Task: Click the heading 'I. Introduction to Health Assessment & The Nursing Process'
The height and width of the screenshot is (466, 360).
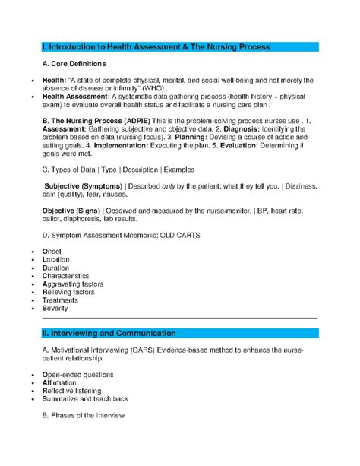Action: pyautogui.click(x=156, y=47)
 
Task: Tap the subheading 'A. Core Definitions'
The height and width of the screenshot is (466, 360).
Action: pyautogui.click(x=74, y=64)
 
